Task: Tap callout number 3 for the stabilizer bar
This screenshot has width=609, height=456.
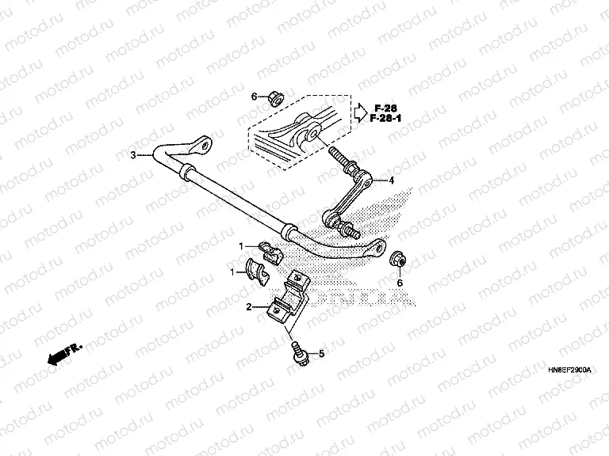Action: click(x=134, y=155)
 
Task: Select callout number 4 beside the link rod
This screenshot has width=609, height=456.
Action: click(x=391, y=180)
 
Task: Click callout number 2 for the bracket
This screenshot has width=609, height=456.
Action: click(x=249, y=306)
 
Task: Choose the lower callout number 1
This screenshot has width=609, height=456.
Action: click(x=232, y=272)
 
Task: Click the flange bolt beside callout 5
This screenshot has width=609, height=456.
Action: click(x=300, y=353)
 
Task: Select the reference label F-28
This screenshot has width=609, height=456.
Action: click(x=385, y=108)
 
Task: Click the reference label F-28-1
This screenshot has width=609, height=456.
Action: click(x=385, y=119)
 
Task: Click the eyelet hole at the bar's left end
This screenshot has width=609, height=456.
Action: click(x=202, y=146)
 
